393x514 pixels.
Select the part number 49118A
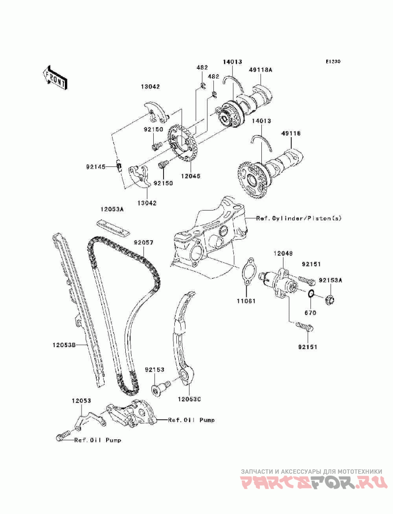click(260, 70)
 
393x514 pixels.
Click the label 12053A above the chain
click(113, 209)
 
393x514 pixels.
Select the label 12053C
click(190, 399)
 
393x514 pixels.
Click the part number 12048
click(283, 253)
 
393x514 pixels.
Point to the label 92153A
click(330, 280)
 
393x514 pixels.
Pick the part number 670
click(310, 313)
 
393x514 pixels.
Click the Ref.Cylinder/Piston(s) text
click(298, 218)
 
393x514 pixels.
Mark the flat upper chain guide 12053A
click(112, 227)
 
